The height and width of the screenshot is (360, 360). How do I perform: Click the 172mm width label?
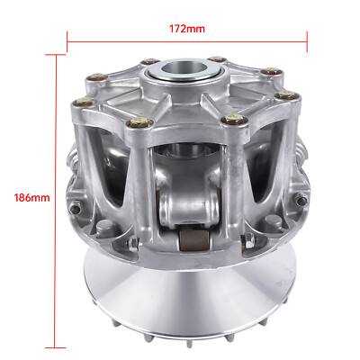pyautogui.click(x=187, y=29)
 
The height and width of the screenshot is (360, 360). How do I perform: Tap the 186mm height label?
pyautogui.click(x=32, y=198)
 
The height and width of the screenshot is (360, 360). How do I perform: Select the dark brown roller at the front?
pyautogui.click(x=194, y=239)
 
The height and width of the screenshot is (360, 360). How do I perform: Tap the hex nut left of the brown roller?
pyautogui.click(x=133, y=244)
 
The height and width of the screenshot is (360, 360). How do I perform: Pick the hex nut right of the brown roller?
pyautogui.click(x=249, y=240)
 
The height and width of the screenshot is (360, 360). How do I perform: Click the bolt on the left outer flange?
pyautogui.click(x=74, y=208)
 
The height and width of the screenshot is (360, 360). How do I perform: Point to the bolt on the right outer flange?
pyautogui.click(x=300, y=199)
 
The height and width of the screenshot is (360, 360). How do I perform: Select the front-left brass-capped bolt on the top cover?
pyautogui.click(x=139, y=121)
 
